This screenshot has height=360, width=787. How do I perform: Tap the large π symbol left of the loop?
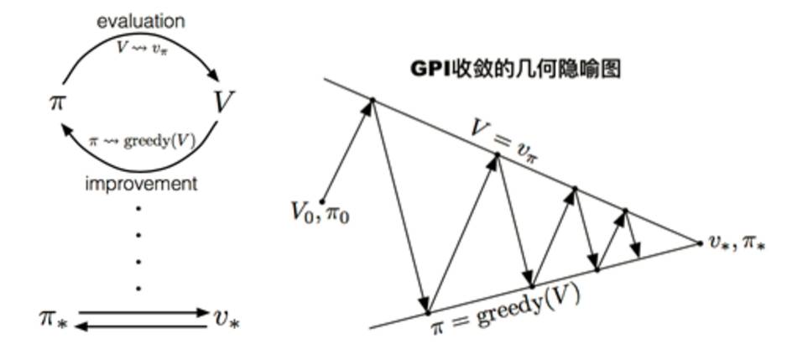(x=57, y=102)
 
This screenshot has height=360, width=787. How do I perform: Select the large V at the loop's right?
(x=223, y=102)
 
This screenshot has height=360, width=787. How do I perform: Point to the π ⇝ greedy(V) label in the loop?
(x=142, y=140)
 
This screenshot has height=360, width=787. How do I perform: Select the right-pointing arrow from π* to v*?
(x=143, y=312)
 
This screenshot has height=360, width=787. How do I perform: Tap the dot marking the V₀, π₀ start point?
(x=323, y=201)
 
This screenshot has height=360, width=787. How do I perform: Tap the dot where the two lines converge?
(x=701, y=243)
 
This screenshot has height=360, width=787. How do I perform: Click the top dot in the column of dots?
(x=139, y=208)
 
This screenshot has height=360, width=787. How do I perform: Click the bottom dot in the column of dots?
(x=139, y=288)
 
